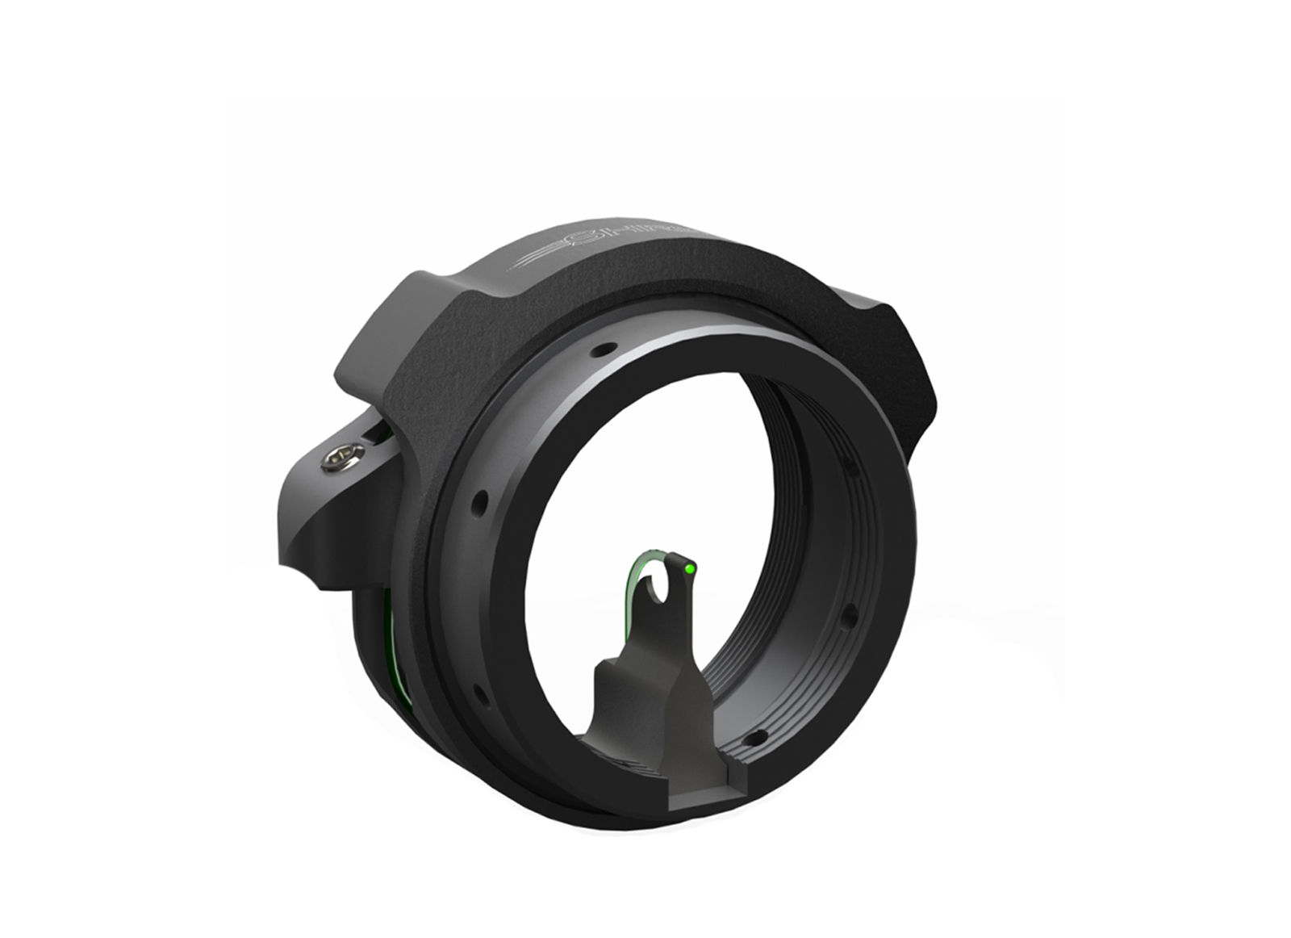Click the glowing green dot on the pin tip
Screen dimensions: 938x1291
(x=688, y=568)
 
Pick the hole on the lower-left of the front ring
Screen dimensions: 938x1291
(x=479, y=693)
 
